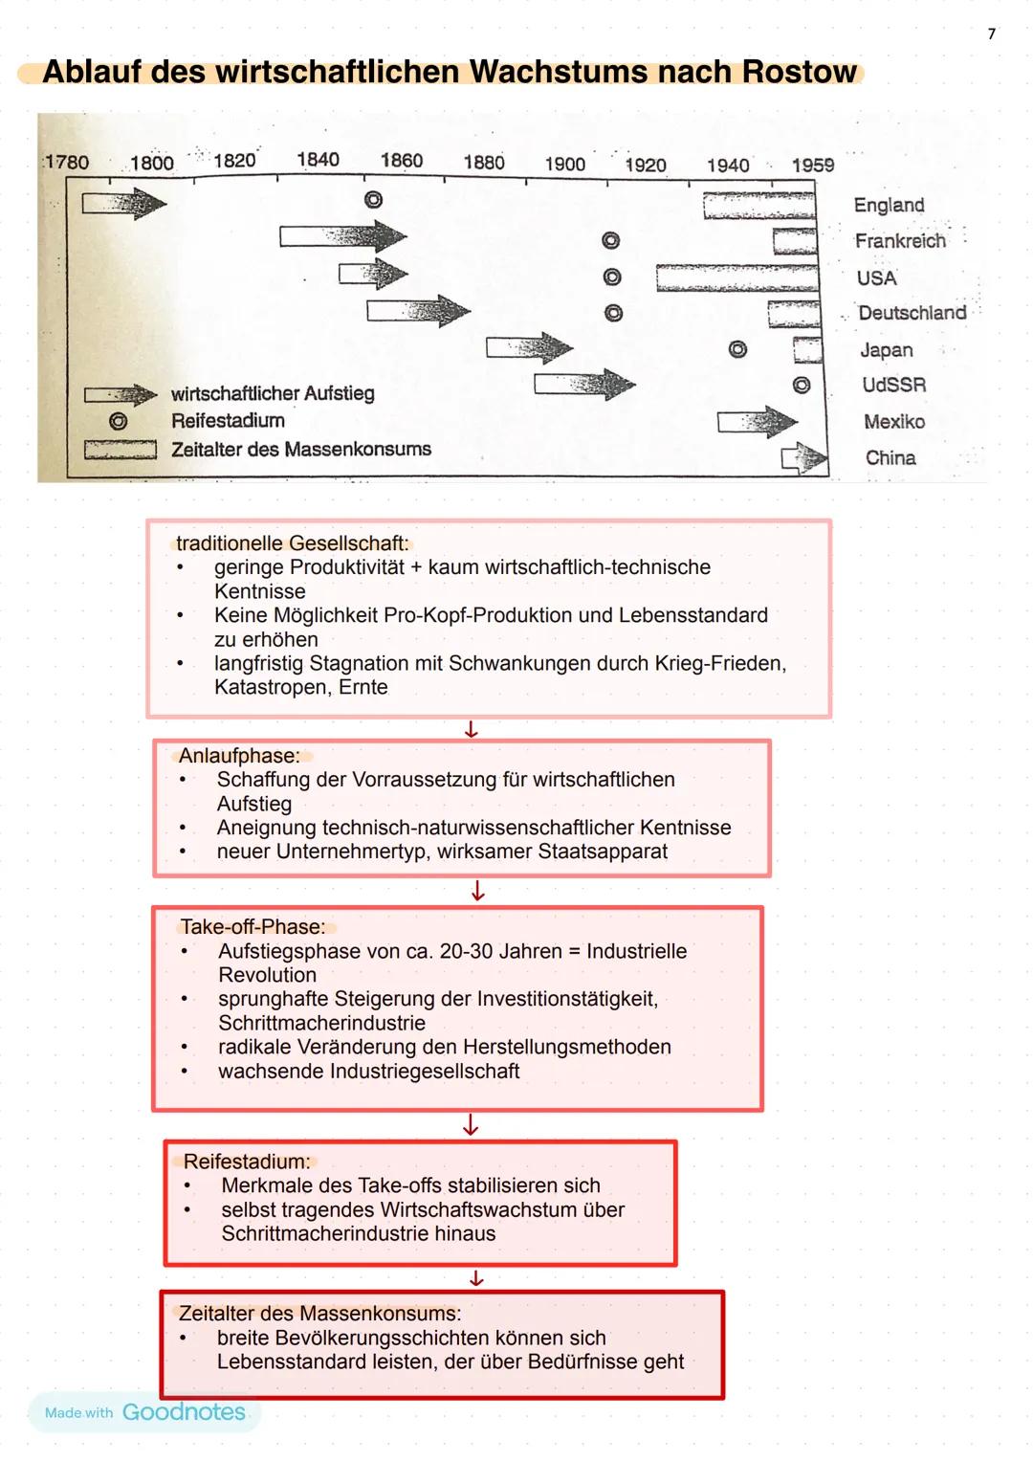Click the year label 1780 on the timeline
(67, 162)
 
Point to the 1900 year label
(564, 164)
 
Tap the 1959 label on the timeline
(812, 165)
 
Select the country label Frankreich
(899, 241)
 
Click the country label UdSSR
(893, 385)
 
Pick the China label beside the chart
(890, 457)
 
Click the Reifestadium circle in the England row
(373, 199)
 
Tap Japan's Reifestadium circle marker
(737, 349)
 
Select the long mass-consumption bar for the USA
(736, 277)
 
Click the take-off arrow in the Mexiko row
(757, 421)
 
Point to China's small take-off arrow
(804, 458)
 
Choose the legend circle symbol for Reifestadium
(118, 421)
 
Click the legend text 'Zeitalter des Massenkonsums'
(300, 449)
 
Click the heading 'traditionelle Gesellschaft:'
(292, 543)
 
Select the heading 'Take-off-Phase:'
(253, 926)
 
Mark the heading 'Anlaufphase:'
(239, 755)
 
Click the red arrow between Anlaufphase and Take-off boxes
(477, 892)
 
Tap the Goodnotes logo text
(184, 1412)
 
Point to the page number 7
(991, 34)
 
